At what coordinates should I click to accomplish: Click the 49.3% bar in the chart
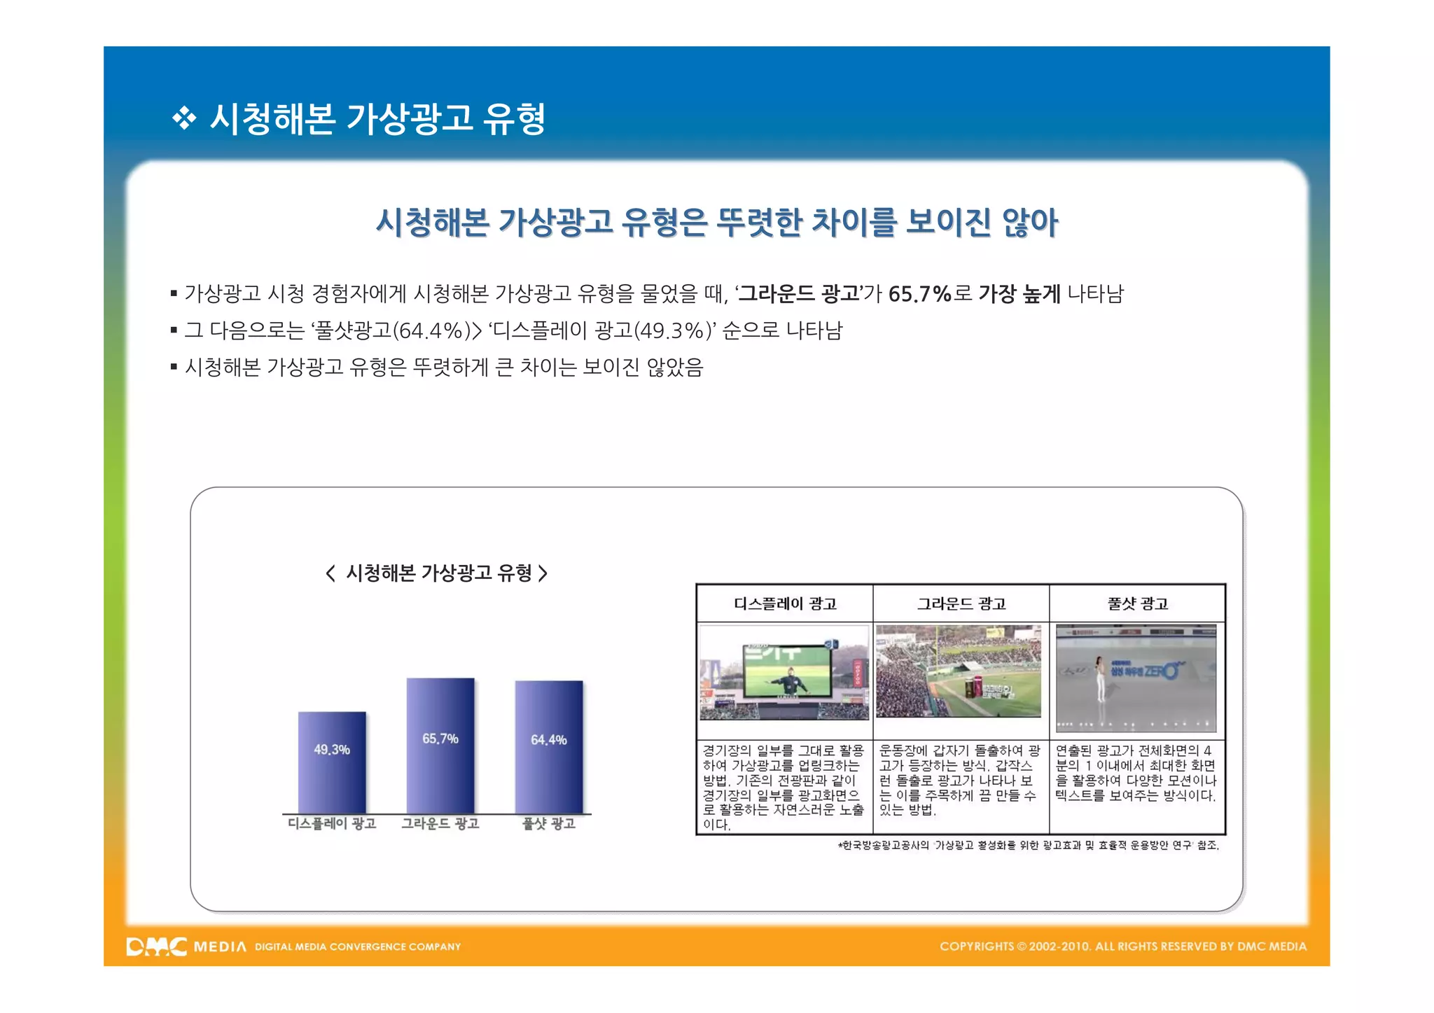tap(332, 762)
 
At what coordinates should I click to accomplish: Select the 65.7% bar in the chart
tap(440, 746)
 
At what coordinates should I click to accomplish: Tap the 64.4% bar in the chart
tap(549, 747)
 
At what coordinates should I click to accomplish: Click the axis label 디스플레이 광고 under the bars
tap(332, 824)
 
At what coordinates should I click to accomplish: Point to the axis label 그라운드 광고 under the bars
tap(440, 824)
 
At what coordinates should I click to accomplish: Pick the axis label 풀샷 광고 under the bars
tap(549, 824)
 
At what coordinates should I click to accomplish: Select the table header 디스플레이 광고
tap(785, 603)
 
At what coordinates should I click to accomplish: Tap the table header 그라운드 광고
tap(961, 603)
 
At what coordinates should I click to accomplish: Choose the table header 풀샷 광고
tap(1138, 603)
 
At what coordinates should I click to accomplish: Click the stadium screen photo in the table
tap(784, 672)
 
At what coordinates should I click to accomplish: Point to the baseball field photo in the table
tap(959, 671)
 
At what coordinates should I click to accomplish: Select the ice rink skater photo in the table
tap(1136, 678)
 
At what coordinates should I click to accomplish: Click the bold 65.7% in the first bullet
tap(919, 294)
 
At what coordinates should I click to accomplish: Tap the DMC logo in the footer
tap(156, 946)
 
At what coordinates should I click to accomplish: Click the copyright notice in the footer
tap(1123, 946)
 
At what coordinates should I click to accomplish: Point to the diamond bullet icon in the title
tap(183, 118)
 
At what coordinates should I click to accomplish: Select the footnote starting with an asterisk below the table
tap(1028, 846)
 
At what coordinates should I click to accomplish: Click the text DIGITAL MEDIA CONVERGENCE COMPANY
tap(358, 947)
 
